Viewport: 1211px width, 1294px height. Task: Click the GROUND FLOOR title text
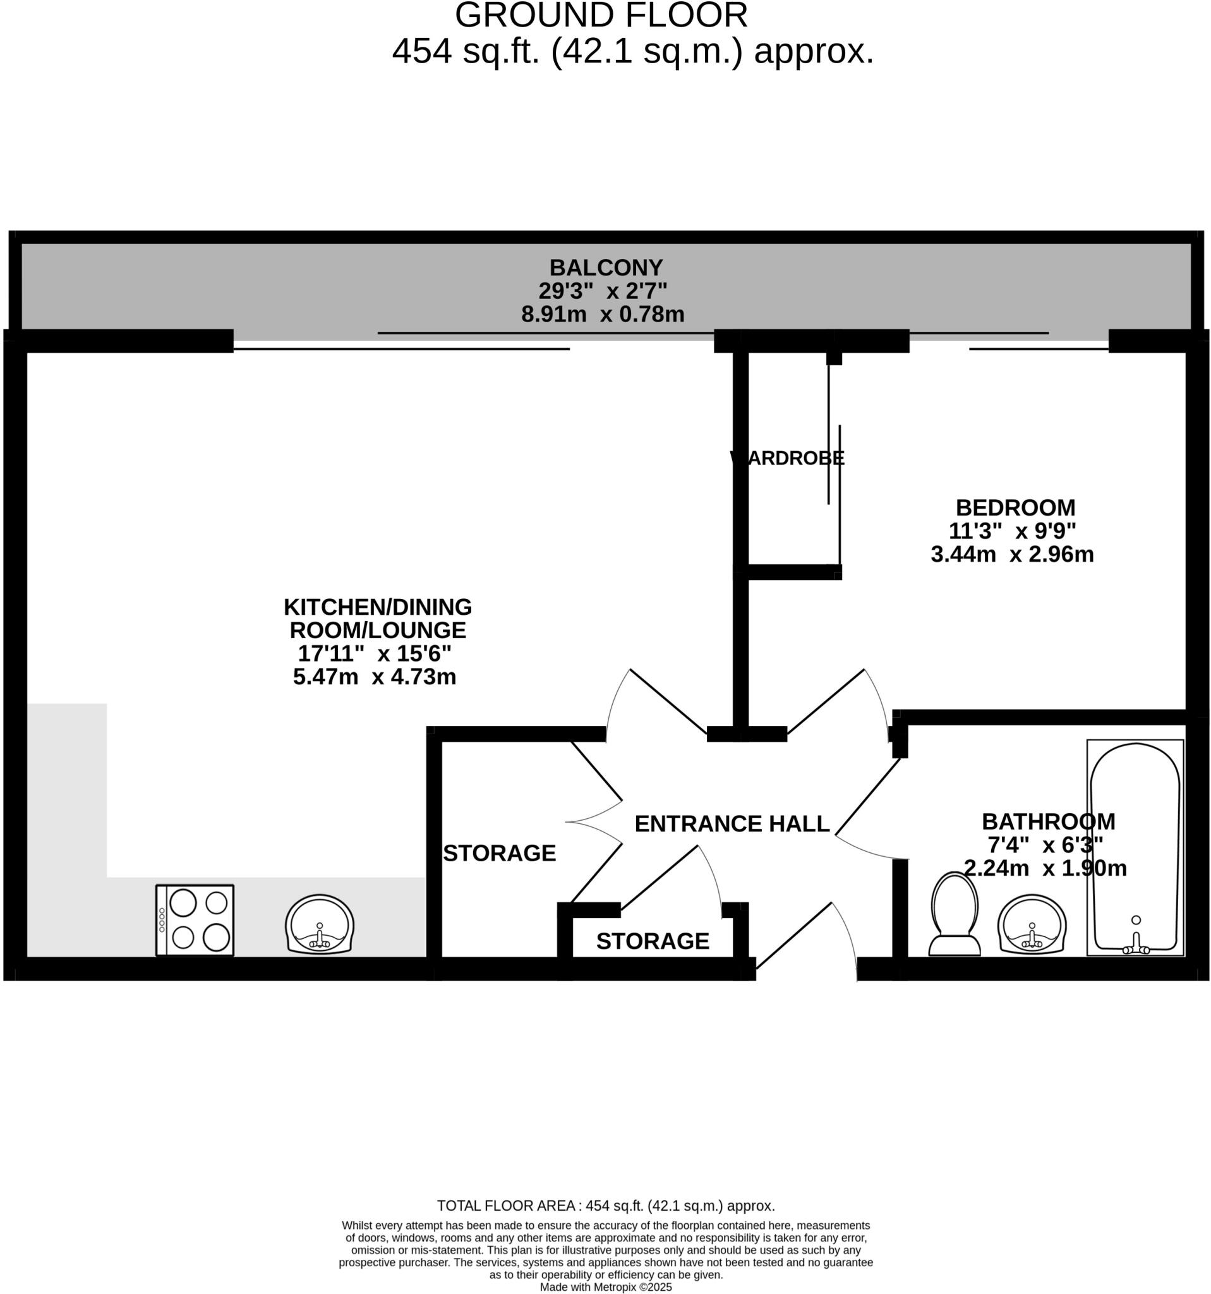(x=601, y=16)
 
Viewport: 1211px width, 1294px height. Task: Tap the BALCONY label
(x=605, y=267)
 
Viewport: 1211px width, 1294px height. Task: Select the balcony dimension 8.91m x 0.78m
(x=602, y=315)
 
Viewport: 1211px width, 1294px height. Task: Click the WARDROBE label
(x=786, y=458)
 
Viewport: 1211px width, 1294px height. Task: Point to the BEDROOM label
(x=1015, y=507)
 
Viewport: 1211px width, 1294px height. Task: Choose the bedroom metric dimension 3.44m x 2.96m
(x=1012, y=554)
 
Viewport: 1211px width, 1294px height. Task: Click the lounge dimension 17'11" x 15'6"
(x=374, y=653)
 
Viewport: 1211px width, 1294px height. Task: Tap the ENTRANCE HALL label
(x=732, y=823)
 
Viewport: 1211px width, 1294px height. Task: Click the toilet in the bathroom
(x=954, y=914)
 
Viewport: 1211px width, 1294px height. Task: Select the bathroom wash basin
(x=1032, y=924)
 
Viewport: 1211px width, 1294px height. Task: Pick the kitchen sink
(x=319, y=924)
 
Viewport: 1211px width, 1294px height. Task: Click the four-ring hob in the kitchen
(x=195, y=920)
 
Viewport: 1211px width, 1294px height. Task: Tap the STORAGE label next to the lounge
(x=499, y=853)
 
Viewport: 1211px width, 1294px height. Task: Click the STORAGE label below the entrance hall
(x=652, y=941)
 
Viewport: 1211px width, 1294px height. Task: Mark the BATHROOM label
(x=1047, y=821)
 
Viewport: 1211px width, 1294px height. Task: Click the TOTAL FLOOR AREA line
(x=605, y=1206)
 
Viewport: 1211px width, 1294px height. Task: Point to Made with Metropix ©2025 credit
(x=605, y=1287)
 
